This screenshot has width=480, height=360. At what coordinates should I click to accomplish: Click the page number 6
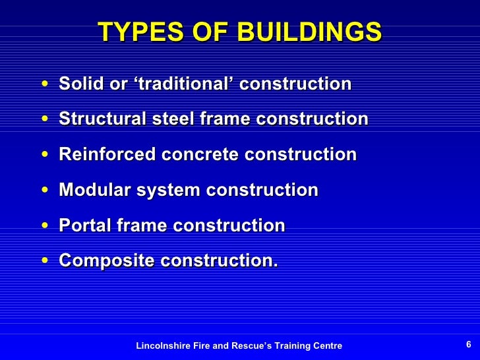pos(468,345)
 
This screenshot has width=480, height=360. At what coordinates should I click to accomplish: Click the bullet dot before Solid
pos(44,85)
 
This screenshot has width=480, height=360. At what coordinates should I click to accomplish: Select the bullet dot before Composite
pos(44,262)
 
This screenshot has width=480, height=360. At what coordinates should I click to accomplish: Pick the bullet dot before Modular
pos(44,191)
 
